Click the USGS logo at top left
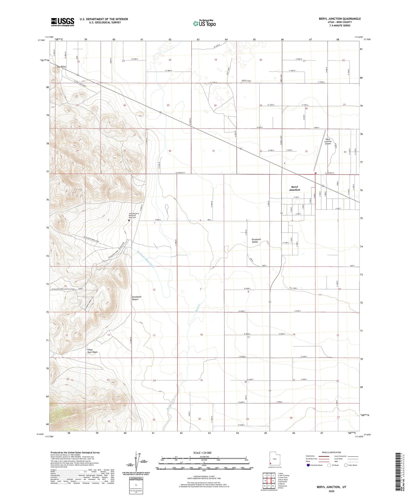click(x=63, y=22)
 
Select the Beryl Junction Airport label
click(x=328, y=141)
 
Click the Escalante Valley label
click(x=256, y=241)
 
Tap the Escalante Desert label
click(x=137, y=298)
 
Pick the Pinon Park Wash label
click(x=92, y=351)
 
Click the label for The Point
click(x=61, y=67)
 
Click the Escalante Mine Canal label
click(x=145, y=259)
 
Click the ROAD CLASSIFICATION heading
click(x=332, y=452)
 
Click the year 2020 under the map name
click(x=331, y=491)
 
